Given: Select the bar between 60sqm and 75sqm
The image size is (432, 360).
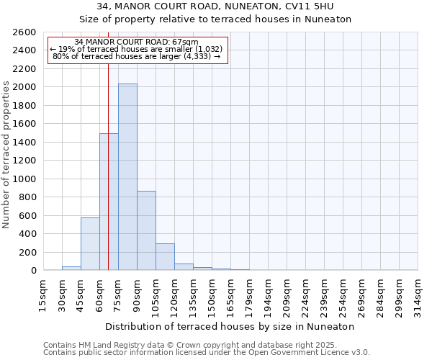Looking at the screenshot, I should [x=109, y=202].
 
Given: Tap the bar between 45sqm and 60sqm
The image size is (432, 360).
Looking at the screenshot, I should [x=90, y=243].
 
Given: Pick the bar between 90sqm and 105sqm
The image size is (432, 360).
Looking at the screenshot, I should [x=146, y=230].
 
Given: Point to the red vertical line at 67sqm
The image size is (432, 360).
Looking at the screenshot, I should [x=108, y=166].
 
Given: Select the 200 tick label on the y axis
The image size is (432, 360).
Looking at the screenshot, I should [x=27, y=252].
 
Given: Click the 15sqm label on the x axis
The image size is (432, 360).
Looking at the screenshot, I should [x=42, y=295].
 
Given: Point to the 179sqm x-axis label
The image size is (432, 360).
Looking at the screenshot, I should [x=248, y=295].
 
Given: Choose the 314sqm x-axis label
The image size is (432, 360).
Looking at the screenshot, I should [x=417, y=295].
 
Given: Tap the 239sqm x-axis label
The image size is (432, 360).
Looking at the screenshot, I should [x=323, y=295].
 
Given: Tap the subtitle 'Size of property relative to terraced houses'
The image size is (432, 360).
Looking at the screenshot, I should [x=215, y=19].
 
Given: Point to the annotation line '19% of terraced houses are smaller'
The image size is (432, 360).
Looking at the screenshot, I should [x=136, y=48].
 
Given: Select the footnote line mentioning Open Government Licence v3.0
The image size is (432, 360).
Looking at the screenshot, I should [x=207, y=352].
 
